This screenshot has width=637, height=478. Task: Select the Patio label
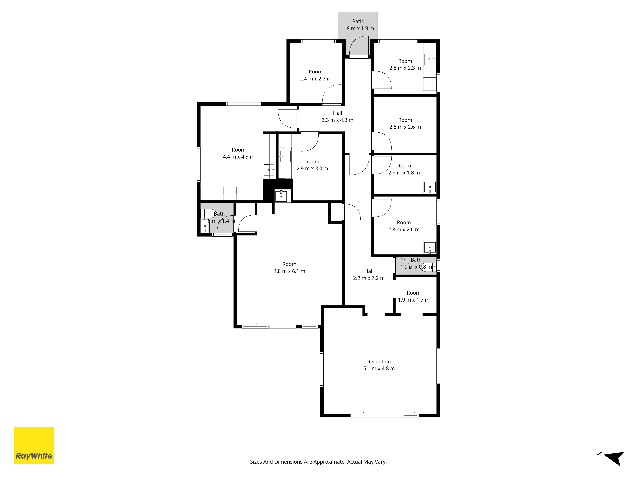[x=358, y=21]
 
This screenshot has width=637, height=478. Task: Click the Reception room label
[x=379, y=362]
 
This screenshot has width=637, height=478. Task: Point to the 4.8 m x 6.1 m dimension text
[x=289, y=271]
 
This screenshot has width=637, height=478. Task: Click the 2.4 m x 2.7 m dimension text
[x=316, y=79]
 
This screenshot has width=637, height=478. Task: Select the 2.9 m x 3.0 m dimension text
[x=312, y=169]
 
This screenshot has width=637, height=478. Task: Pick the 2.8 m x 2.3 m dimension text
[x=405, y=68]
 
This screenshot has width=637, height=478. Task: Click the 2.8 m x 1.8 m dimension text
[x=404, y=173]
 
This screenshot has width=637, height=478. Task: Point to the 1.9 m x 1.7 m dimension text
[x=414, y=300]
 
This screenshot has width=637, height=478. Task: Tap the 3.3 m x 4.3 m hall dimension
[x=337, y=120]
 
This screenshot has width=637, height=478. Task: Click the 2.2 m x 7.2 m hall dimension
[x=369, y=278]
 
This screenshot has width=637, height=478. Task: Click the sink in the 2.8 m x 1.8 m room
[x=430, y=187]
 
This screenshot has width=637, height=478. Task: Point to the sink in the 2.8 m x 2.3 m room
[x=430, y=59]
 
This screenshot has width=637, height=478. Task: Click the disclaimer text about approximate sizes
[x=318, y=462]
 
